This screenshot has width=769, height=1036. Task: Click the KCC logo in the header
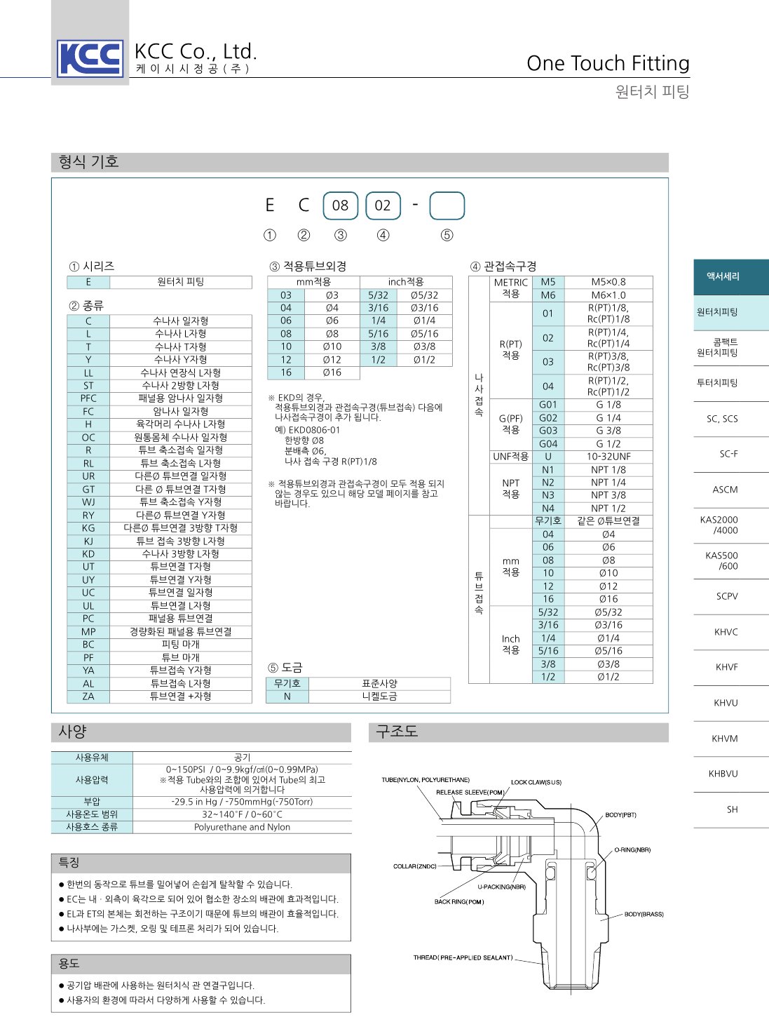(90, 58)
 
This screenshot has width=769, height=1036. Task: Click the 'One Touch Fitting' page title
(608, 63)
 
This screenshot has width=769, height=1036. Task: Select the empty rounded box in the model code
(447, 206)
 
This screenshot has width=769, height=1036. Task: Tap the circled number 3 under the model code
(341, 236)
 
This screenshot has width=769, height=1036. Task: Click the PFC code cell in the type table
(88, 398)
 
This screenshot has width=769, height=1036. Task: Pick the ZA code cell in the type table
(88, 697)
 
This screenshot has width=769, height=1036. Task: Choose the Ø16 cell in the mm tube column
(332, 372)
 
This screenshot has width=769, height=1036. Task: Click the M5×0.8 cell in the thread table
(608, 282)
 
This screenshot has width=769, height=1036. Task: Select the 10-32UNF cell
(608, 457)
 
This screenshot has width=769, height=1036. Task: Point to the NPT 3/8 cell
(608, 495)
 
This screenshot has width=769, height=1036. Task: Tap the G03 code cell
(548, 431)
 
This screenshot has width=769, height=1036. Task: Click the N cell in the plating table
(287, 697)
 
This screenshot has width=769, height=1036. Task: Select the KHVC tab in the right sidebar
(726, 632)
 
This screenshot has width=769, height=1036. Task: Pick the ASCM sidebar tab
(726, 490)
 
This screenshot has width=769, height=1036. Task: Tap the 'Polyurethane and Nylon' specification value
(242, 827)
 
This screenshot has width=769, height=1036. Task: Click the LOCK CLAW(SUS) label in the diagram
(536, 782)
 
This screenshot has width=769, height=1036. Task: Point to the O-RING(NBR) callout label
(632, 850)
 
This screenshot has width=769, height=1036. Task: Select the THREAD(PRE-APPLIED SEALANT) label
(463, 957)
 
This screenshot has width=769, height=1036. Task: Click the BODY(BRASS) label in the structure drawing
(644, 915)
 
